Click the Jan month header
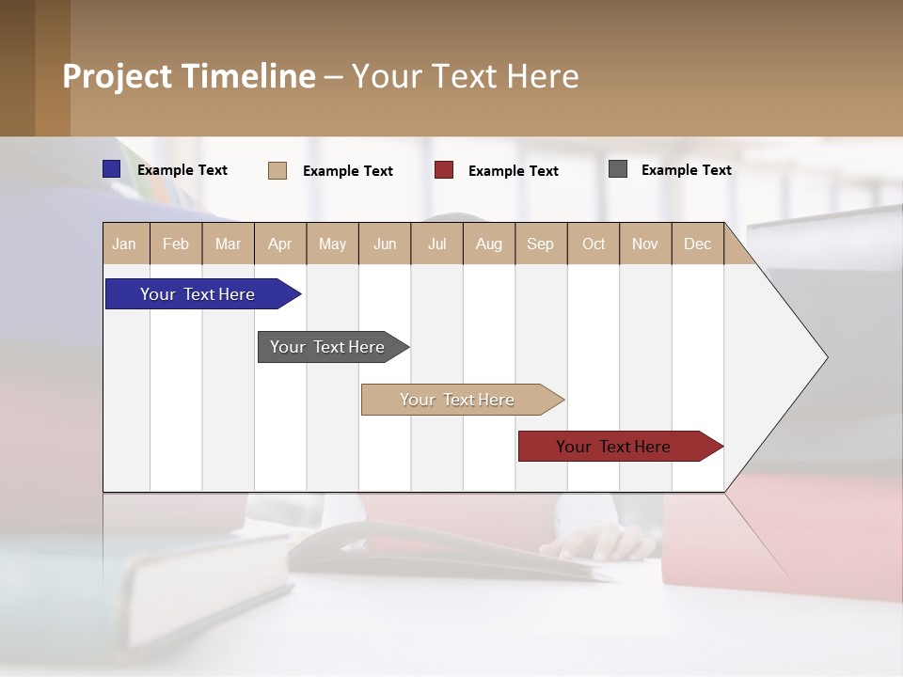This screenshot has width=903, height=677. coord(124,244)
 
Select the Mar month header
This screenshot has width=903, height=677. coord(228,244)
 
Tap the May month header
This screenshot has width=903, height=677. coord(332,244)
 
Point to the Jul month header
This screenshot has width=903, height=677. coord(436,244)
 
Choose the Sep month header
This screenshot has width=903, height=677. coord(540,244)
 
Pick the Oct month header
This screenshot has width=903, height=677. coord(594,244)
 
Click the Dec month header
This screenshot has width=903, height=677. coord(697,244)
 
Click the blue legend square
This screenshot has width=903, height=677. coord(112,169)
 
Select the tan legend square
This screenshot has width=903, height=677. coord(277,170)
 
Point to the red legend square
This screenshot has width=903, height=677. coord(444,170)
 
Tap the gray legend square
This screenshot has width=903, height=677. coord(618,169)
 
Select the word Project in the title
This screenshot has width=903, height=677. coord(117,76)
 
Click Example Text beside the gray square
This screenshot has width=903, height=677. coord(686,169)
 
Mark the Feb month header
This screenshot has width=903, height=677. coord(175,244)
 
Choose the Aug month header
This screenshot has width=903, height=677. coord(488,244)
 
